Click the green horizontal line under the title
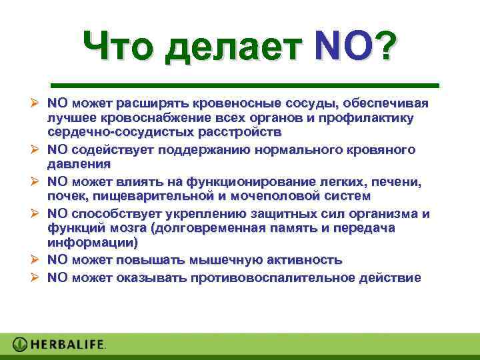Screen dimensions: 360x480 tap(245, 85)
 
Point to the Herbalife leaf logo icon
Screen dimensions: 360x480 tap(21, 345)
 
